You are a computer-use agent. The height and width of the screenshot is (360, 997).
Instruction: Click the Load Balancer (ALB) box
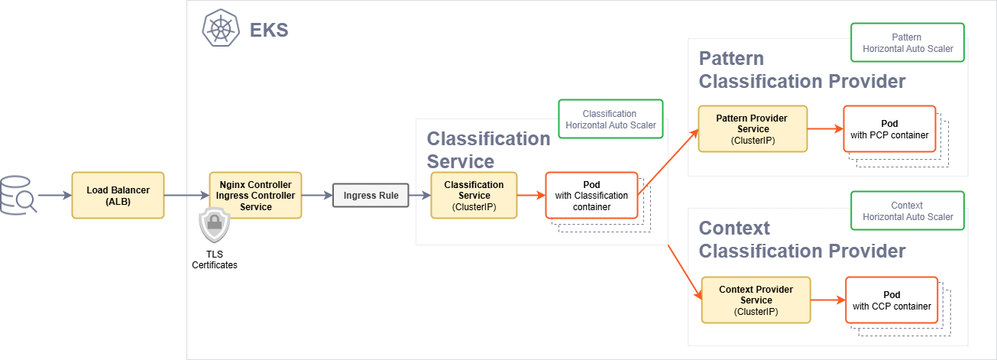click(x=118, y=195)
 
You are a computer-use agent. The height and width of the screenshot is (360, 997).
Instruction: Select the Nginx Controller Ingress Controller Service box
click(x=256, y=196)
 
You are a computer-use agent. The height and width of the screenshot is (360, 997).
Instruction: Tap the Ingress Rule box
click(x=371, y=196)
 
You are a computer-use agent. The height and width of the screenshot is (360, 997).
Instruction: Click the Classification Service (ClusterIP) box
click(x=474, y=195)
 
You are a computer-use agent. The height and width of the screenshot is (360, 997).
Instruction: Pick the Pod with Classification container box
click(x=591, y=195)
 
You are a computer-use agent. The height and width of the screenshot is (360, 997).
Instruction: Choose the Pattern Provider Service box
click(x=752, y=128)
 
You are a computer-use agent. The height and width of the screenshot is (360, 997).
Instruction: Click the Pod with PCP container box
click(x=889, y=128)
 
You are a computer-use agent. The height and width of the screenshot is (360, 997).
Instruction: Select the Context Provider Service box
click(x=756, y=300)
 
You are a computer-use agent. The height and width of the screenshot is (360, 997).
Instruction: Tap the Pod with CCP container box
click(x=892, y=300)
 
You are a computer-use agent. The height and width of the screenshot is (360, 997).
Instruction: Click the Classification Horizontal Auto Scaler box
click(x=610, y=118)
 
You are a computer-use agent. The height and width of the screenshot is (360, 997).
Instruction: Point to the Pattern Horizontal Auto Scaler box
click(x=907, y=42)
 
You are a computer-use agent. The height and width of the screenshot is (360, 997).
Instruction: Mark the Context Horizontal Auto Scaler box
click(x=907, y=211)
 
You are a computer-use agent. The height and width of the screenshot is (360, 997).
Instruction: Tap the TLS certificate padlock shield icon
click(x=214, y=225)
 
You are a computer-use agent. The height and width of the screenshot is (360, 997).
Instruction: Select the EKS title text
click(x=269, y=31)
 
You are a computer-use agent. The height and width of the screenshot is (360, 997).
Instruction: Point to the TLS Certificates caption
click(x=214, y=259)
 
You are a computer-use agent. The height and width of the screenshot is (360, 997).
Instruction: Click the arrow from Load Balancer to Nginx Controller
click(x=186, y=196)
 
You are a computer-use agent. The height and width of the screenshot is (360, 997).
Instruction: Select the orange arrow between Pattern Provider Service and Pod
click(x=824, y=128)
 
